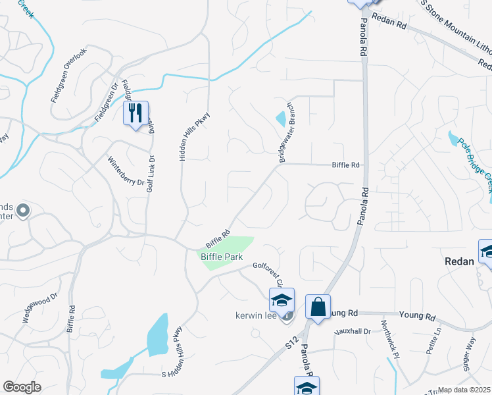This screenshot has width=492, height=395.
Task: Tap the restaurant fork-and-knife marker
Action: [x=135, y=113]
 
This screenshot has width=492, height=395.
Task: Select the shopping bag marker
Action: [x=318, y=307]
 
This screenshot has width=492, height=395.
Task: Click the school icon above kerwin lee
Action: [x=282, y=301]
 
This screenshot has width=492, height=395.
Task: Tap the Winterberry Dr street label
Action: [x=126, y=171]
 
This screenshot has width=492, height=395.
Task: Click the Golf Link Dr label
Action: [x=150, y=172]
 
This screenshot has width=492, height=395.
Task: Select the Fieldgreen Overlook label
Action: [x=69, y=75]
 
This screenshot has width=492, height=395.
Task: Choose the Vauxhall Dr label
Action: [x=354, y=331]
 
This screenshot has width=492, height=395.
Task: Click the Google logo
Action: [x=22, y=386]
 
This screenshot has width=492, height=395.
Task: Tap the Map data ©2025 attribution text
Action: [x=464, y=390]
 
